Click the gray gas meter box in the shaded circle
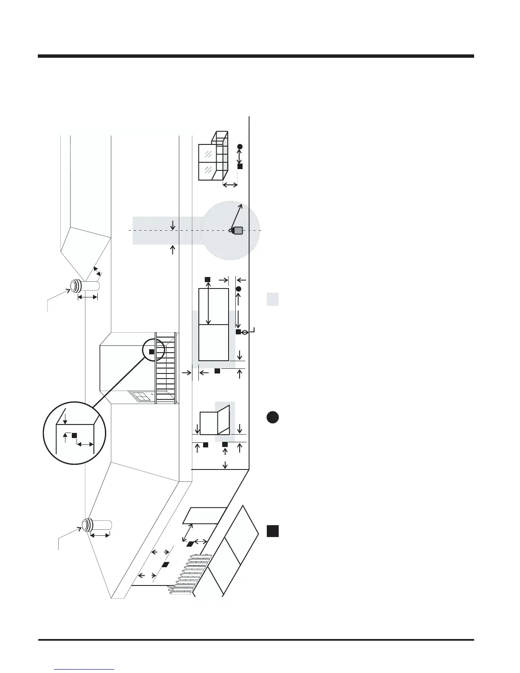click(x=238, y=231)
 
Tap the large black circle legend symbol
click(x=273, y=417)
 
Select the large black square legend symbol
click(x=273, y=531)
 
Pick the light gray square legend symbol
click(x=273, y=299)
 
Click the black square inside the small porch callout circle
click(x=152, y=351)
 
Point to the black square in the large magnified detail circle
click(x=74, y=435)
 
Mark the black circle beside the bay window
click(x=240, y=147)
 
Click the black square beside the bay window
click(x=240, y=167)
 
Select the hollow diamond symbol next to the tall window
click(x=245, y=332)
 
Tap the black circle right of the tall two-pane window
click(x=238, y=289)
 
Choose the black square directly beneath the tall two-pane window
click(x=217, y=371)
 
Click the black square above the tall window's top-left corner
click(x=207, y=279)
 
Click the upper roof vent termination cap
click(x=75, y=286)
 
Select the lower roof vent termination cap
click(x=88, y=525)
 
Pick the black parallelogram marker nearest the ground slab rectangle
click(x=190, y=543)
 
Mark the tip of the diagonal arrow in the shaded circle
click(x=242, y=204)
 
